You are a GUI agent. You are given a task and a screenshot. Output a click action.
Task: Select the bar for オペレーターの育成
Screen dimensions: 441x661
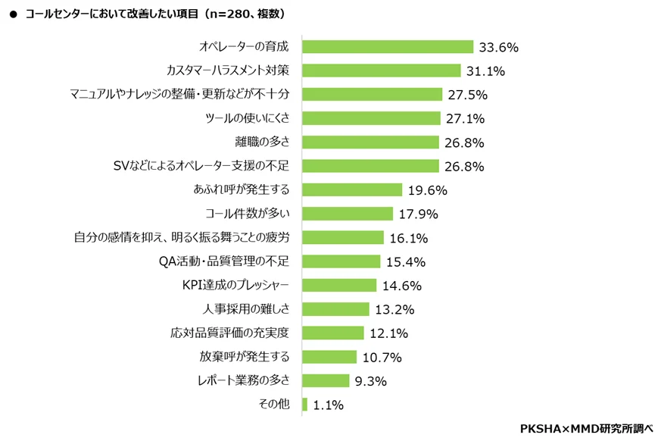click(x=387, y=47)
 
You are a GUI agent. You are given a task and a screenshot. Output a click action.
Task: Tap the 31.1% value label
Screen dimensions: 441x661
click(x=485, y=71)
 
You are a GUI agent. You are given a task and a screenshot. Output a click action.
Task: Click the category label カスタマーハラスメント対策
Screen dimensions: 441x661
click(x=228, y=70)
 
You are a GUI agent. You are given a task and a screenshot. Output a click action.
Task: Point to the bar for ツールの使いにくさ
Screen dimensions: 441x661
click(x=371, y=118)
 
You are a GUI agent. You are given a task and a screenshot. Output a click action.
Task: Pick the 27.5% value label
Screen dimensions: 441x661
click(x=466, y=95)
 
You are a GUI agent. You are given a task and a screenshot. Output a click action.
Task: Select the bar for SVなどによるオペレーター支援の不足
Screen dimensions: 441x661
click(x=370, y=166)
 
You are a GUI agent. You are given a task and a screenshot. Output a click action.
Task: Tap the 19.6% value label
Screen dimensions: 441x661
click(x=427, y=190)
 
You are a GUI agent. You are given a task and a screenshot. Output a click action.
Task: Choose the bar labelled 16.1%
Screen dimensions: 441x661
click(x=343, y=237)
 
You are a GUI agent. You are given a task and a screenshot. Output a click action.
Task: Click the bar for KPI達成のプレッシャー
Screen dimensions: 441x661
click(x=339, y=286)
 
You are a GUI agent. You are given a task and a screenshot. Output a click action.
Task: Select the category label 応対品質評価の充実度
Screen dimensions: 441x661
click(x=236, y=332)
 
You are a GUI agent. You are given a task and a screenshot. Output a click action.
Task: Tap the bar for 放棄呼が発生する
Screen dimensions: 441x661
click(x=329, y=357)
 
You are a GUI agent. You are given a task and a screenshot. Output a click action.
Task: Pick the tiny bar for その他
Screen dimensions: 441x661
click(x=304, y=405)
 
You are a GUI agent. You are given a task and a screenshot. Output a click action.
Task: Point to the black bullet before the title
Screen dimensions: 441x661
click(x=13, y=14)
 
